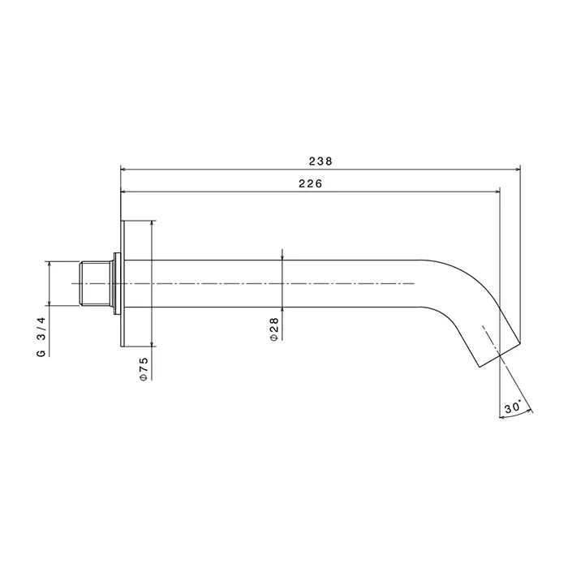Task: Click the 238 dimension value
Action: click(x=321, y=161)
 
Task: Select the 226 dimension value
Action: click(x=311, y=184)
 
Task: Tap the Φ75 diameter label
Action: click(x=144, y=368)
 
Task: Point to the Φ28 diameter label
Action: click(x=274, y=329)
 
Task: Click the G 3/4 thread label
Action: click(x=41, y=337)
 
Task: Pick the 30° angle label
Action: click(x=512, y=407)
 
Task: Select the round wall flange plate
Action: click(x=123, y=283)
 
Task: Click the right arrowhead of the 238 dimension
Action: click(x=518, y=169)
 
